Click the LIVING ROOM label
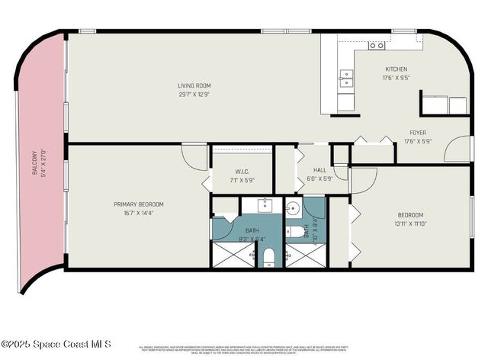point(194,85)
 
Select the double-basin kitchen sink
point(347,76)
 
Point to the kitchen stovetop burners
point(376,46)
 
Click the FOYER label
point(417,131)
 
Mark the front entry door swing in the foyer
point(458,149)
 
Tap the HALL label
point(320,170)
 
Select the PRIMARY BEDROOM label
point(139,204)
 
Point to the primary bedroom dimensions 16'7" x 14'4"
point(139,214)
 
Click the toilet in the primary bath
point(269,259)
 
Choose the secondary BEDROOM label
point(410,215)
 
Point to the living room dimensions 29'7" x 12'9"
point(194,95)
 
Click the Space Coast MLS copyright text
point(57,343)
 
